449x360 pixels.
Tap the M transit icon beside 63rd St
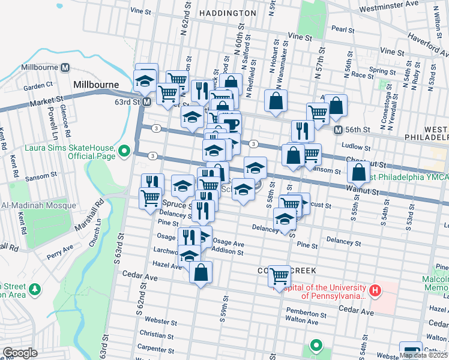pyautogui.click(x=146, y=102)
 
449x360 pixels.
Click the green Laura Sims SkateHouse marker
pyautogui.click(x=125, y=150)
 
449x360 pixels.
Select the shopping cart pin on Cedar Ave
pyautogui.click(x=279, y=276)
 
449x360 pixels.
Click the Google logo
pyautogui.click(x=20, y=353)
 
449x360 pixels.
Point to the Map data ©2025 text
pyautogui.click(x=423, y=355)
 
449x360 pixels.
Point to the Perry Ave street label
pyautogui.click(x=60, y=247)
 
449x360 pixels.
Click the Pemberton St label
pyautogui.click(x=306, y=314)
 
